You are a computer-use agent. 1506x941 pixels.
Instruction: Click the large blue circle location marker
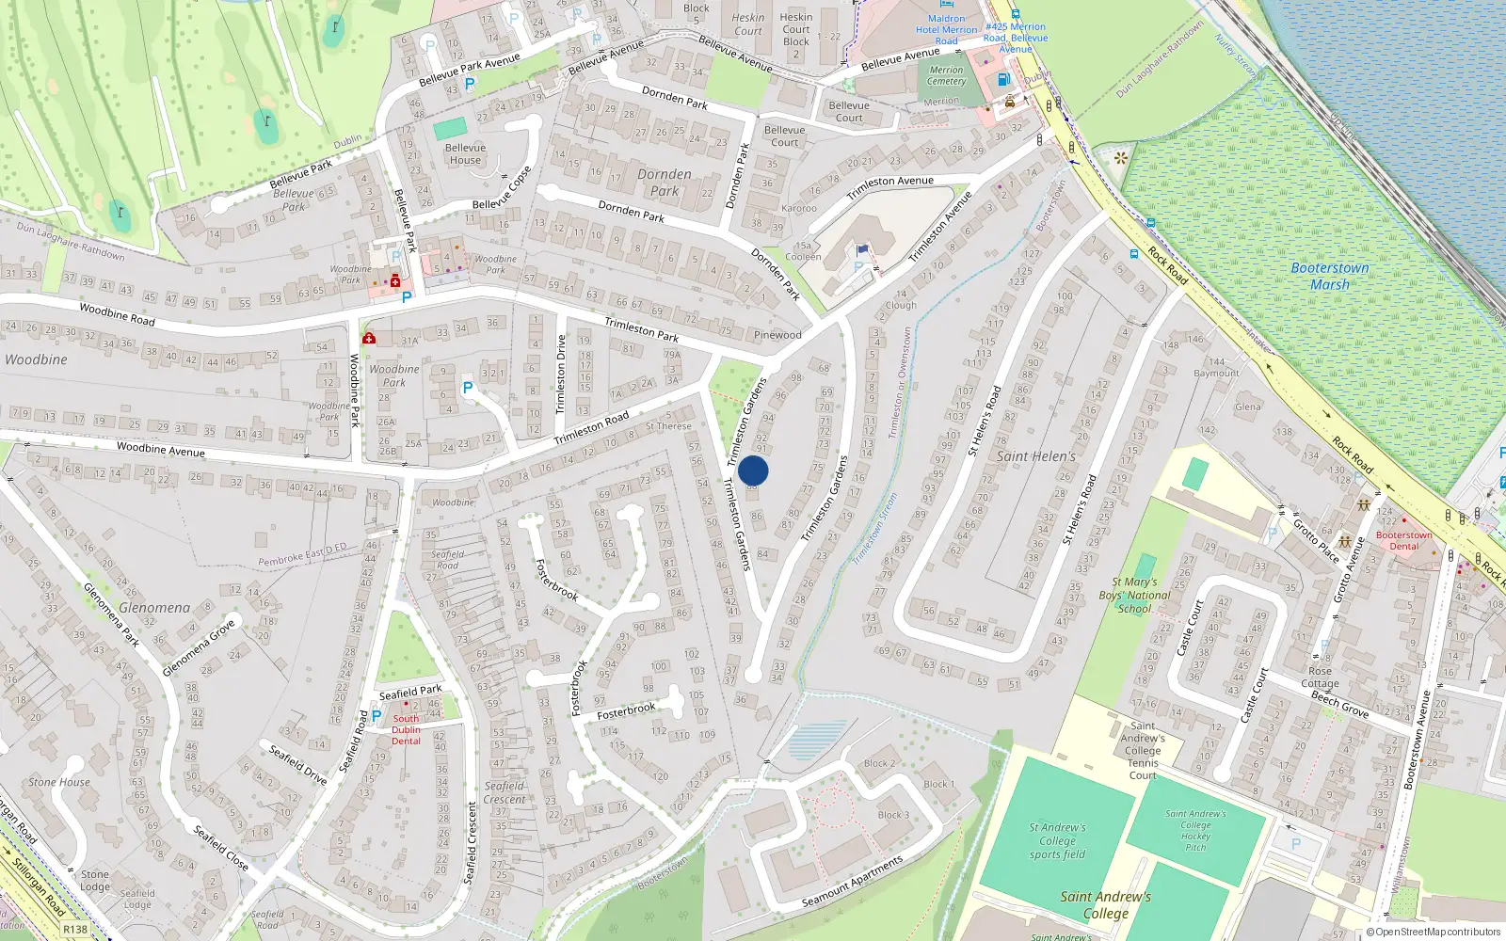click(x=753, y=470)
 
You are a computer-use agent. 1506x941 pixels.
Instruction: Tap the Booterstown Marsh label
click(x=1329, y=276)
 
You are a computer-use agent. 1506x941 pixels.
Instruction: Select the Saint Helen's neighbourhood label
click(x=1035, y=456)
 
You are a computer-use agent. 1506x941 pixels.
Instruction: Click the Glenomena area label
click(x=154, y=608)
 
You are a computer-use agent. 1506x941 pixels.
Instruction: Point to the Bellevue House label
click(x=465, y=153)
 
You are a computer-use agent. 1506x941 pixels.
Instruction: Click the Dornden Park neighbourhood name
click(x=665, y=182)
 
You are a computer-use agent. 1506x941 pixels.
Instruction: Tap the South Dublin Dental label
click(x=407, y=729)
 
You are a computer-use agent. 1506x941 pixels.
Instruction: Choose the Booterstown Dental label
click(x=1403, y=540)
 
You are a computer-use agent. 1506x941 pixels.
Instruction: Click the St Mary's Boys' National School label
click(x=1134, y=596)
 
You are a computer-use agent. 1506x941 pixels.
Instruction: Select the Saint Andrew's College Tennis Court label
click(x=1143, y=750)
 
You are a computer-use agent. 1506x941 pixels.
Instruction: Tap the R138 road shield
click(x=75, y=930)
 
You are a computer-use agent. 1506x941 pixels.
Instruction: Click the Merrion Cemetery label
click(x=946, y=75)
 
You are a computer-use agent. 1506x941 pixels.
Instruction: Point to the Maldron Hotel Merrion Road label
click(x=946, y=30)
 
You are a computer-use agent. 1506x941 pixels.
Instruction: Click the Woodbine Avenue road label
click(x=160, y=449)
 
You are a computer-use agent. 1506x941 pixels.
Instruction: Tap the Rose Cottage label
click(x=1320, y=678)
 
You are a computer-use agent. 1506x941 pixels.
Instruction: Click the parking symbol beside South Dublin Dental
click(x=376, y=716)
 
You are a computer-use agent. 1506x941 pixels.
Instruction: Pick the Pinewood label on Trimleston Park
click(x=777, y=335)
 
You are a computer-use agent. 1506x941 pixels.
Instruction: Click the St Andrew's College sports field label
click(x=1057, y=841)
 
